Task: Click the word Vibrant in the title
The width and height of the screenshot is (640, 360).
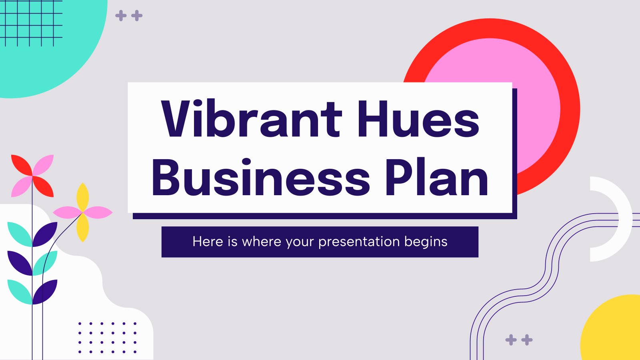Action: (x=252, y=118)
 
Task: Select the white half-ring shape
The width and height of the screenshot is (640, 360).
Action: (x=625, y=219)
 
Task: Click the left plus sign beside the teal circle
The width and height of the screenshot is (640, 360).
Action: (x=121, y=16)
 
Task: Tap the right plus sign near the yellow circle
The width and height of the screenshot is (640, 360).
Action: (x=527, y=340)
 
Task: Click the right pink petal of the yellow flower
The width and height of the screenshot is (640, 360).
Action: (x=98, y=212)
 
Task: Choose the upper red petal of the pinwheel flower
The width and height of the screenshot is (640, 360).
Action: (x=22, y=165)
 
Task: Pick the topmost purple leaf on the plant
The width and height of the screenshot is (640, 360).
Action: (x=45, y=234)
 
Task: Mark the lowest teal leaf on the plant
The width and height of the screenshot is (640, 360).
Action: (x=20, y=292)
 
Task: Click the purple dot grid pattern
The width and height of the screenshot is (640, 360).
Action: (x=108, y=338)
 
